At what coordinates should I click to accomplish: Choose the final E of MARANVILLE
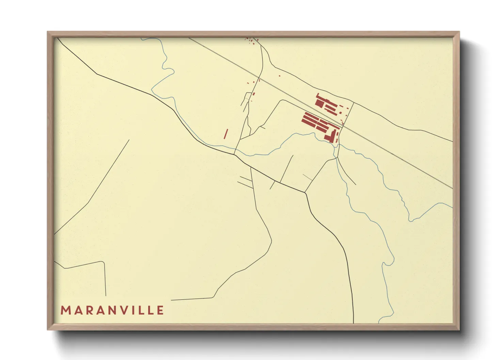161,310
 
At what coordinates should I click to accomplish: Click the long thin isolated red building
225,134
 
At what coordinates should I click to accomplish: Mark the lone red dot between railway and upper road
280,76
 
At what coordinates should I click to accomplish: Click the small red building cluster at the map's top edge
251,40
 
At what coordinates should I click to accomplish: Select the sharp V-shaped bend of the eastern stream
410,220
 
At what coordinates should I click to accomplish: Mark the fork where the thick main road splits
305,193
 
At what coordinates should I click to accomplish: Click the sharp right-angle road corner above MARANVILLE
104,262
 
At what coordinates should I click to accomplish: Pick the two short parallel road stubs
245,182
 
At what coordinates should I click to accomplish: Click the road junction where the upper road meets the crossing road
353,103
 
